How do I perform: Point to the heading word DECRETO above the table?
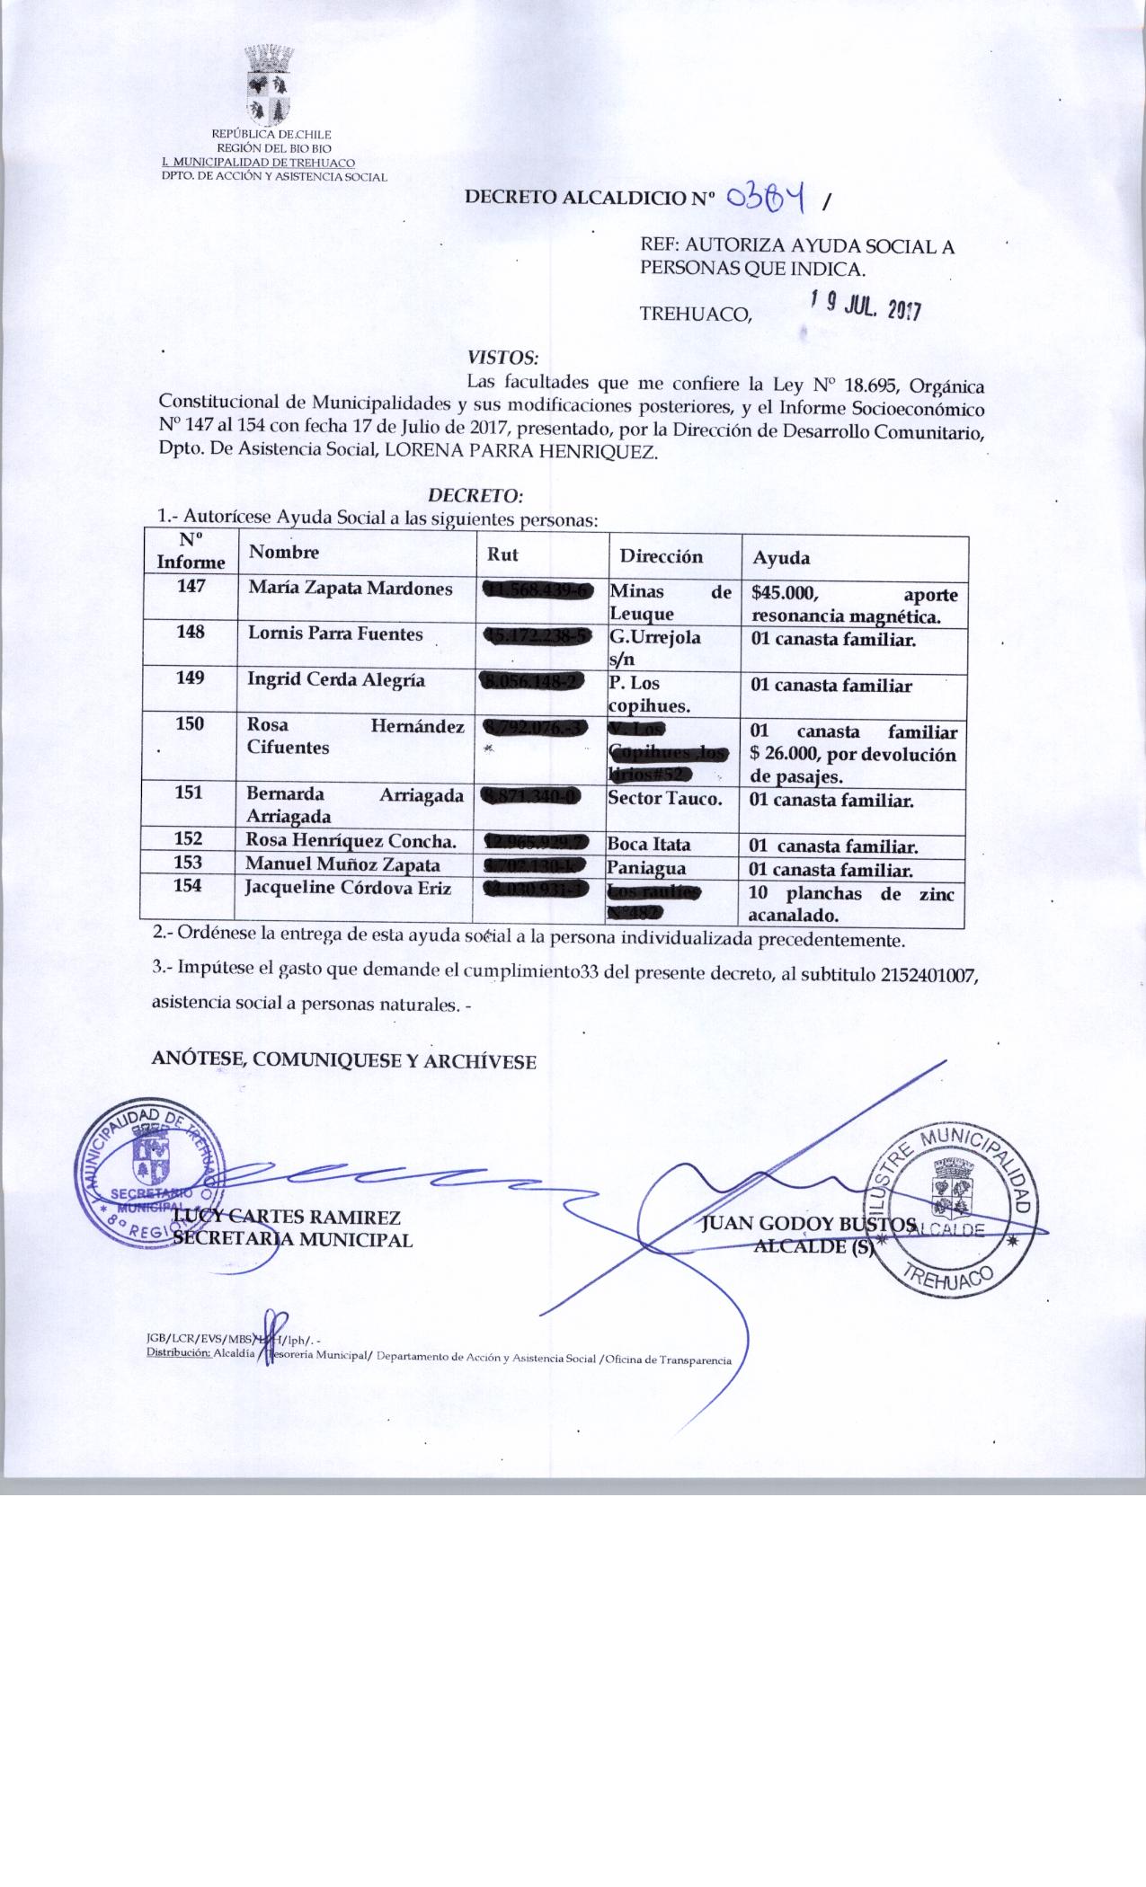pos(475,495)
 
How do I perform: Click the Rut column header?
pos(502,554)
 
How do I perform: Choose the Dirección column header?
pos(661,556)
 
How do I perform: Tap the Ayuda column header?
pos(780,558)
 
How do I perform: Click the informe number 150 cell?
pos(191,724)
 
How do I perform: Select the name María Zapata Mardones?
pos(351,589)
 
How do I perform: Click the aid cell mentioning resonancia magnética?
pos(854,605)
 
